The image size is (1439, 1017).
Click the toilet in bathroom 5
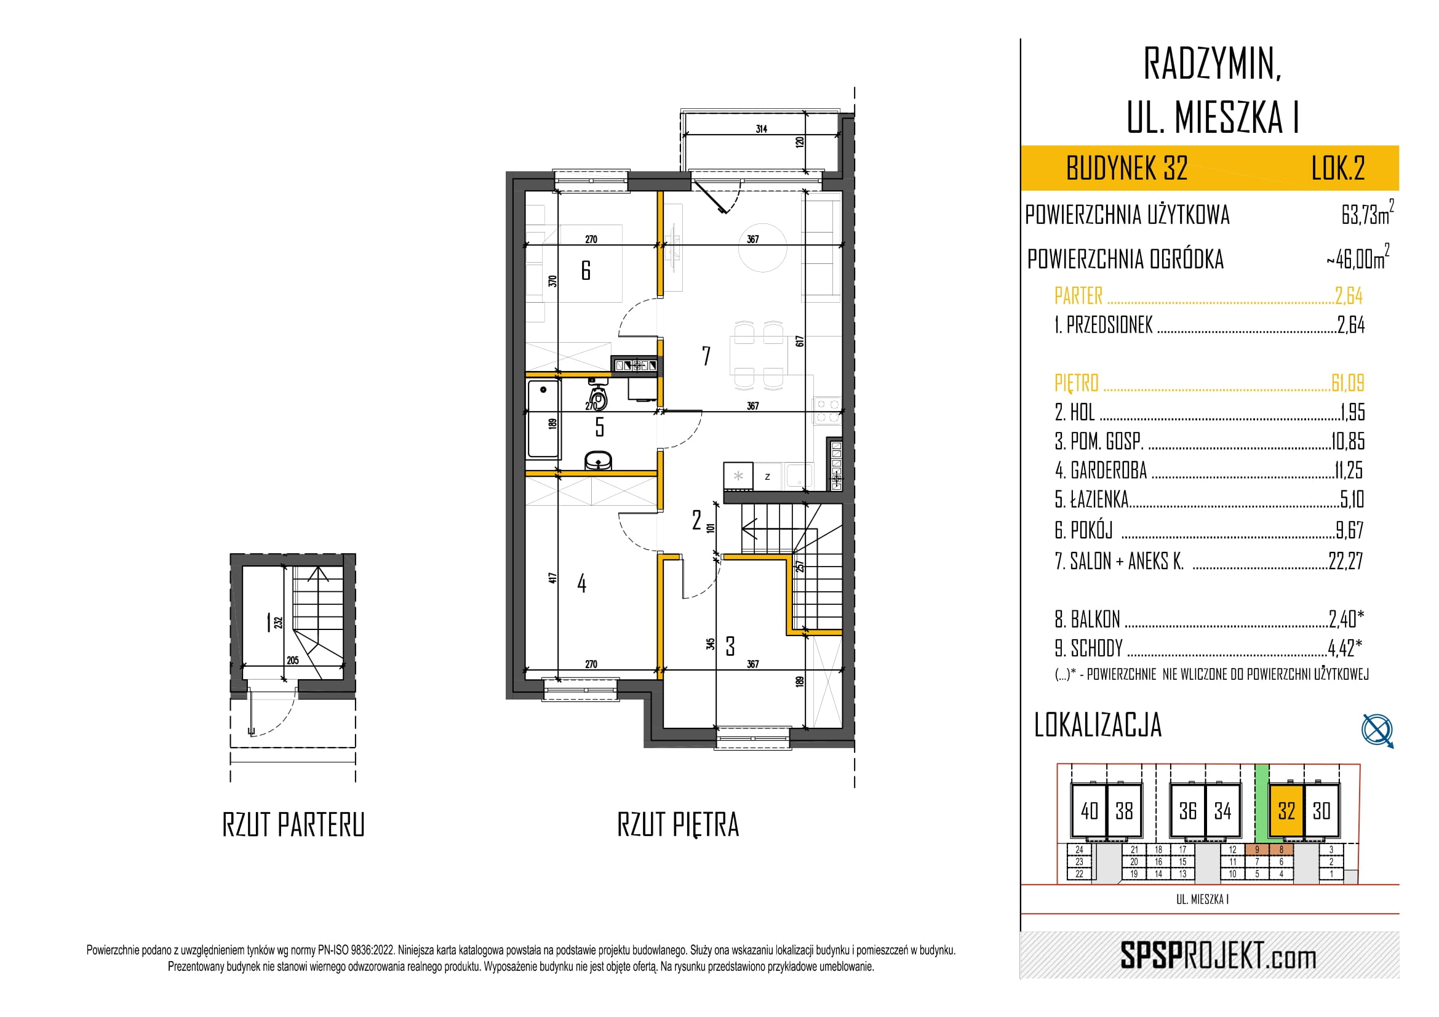(599, 396)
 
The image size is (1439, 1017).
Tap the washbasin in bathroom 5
(599, 461)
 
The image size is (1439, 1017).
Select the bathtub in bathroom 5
(543, 418)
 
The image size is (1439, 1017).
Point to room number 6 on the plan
(586, 270)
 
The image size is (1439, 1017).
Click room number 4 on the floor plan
(581, 583)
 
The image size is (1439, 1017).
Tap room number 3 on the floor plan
(730, 646)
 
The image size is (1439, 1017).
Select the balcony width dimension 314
(762, 129)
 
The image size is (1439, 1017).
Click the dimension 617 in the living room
(800, 341)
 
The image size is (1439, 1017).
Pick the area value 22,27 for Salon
(1345, 560)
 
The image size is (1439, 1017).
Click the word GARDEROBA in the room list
(1109, 470)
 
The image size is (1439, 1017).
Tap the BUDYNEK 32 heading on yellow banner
(1127, 168)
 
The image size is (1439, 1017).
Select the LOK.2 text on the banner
(1338, 168)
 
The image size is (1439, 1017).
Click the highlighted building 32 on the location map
(1286, 811)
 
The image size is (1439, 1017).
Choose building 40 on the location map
(1090, 811)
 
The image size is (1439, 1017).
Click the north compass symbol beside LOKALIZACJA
(1377, 730)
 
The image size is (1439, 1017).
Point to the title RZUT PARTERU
(293, 824)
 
